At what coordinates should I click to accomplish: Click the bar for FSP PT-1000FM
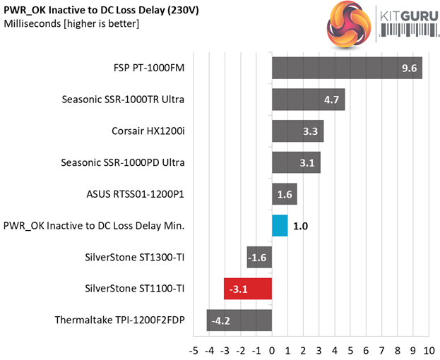click(347, 68)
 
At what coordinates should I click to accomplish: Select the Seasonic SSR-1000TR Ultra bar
click(308, 100)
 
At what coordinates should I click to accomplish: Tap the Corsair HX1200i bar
click(297, 131)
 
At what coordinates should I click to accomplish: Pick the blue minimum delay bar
click(280, 226)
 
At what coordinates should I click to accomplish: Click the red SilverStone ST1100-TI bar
click(248, 289)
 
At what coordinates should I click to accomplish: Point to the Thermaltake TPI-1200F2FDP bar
click(239, 320)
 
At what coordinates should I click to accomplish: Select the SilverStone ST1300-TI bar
click(259, 257)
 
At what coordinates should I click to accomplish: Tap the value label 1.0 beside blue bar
click(301, 226)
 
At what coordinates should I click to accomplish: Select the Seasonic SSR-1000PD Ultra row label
click(123, 162)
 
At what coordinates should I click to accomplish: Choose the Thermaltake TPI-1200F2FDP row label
click(119, 320)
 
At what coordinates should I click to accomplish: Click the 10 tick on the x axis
click(428, 349)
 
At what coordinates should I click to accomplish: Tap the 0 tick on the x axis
click(273, 349)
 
